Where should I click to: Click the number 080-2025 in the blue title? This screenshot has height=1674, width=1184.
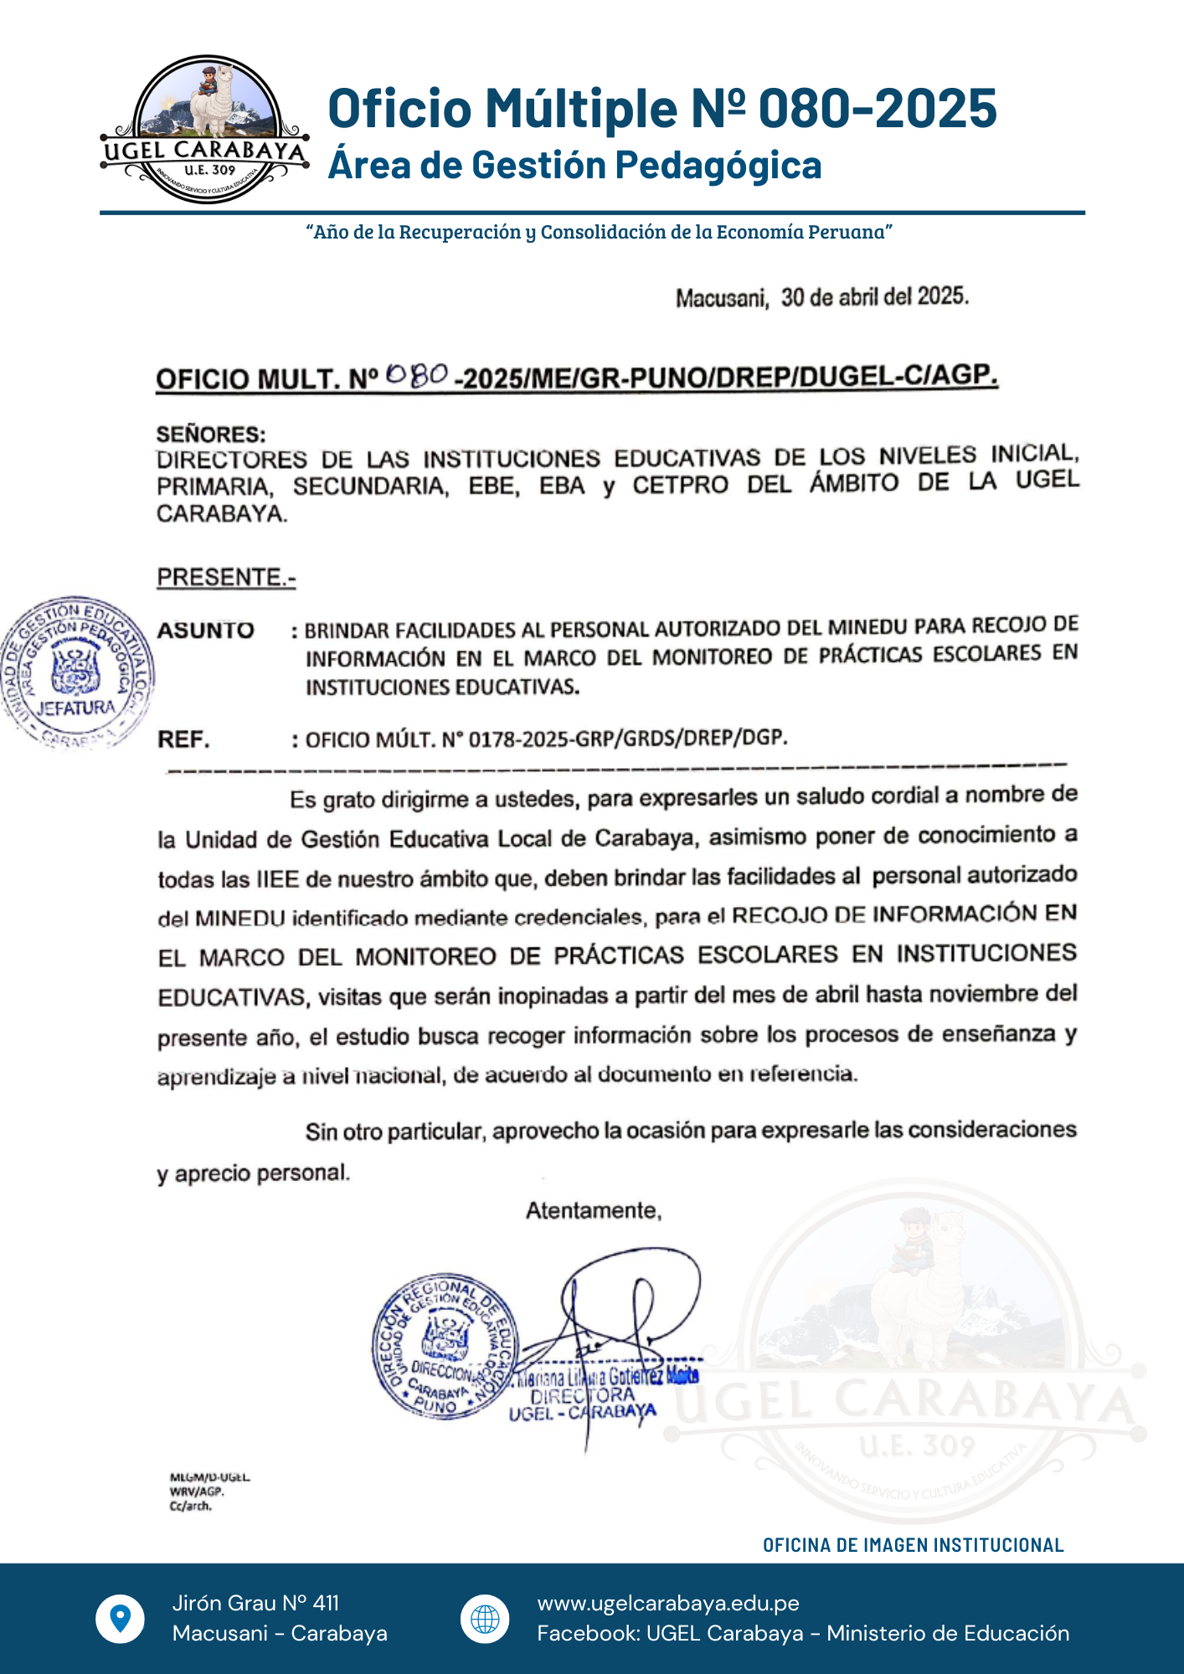tap(878, 109)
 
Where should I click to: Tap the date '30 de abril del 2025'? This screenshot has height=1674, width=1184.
tap(874, 297)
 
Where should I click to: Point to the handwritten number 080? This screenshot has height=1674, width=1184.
tap(418, 374)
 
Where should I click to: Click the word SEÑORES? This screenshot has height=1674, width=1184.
tap(211, 434)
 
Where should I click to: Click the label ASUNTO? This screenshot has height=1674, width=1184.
tap(206, 630)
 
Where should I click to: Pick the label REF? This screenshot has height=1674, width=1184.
tap(183, 740)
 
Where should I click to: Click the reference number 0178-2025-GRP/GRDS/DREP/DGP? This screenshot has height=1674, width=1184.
tap(628, 739)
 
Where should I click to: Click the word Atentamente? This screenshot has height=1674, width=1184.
tap(594, 1210)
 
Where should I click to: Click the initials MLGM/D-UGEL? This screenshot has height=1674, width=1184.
tap(209, 1477)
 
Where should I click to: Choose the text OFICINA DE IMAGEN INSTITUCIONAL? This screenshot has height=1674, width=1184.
tap(913, 1545)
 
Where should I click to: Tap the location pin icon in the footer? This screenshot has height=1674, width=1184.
tap(121, 1619)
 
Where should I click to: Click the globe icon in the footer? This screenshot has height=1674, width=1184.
tap(485, 1619)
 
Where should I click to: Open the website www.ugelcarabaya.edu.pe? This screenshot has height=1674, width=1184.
tap(668, 1603)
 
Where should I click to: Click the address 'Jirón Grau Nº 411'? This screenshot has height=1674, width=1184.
tap(255, 1603)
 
